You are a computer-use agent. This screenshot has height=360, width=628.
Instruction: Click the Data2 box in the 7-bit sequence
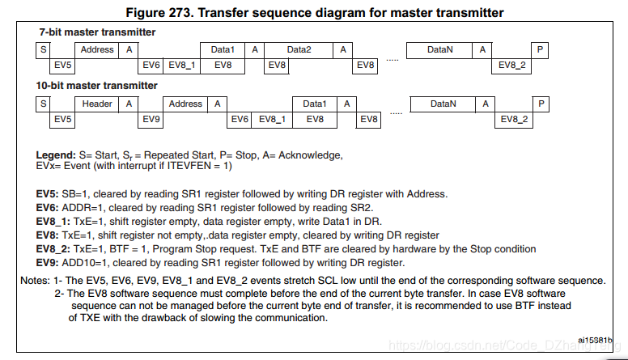(x=299, y=50)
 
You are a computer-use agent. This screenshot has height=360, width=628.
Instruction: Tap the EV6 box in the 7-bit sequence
(x=151, y=65)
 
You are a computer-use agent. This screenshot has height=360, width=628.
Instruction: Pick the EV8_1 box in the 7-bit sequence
(x=184, y=65)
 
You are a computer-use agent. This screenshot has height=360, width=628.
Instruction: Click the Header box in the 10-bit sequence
(x=97, y=104)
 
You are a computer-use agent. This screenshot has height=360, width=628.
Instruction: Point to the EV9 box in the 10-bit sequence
(x=151, y=119)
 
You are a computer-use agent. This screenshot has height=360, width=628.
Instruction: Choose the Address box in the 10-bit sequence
(x=185, y=104)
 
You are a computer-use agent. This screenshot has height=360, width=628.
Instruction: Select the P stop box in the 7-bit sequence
(x=540, y=50)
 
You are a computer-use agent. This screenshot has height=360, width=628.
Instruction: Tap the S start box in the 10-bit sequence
(x=42, y=104)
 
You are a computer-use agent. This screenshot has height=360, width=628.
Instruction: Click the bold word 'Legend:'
(x=56, y=155)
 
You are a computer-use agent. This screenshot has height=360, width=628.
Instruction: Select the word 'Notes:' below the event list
(x=36, y=280)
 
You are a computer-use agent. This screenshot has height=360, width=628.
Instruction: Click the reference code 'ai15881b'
(x=595, y=341)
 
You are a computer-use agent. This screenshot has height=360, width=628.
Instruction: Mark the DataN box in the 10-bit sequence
(x=443, y=104)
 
